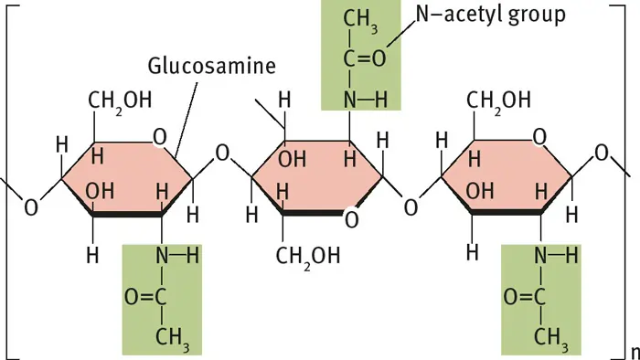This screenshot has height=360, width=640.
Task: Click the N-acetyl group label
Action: [x=488, y=16]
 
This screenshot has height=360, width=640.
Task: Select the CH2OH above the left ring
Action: [x=120, y=99]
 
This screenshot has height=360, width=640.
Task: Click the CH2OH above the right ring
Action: [x=499, y=99]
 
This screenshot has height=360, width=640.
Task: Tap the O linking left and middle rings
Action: [x=220, y=154]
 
